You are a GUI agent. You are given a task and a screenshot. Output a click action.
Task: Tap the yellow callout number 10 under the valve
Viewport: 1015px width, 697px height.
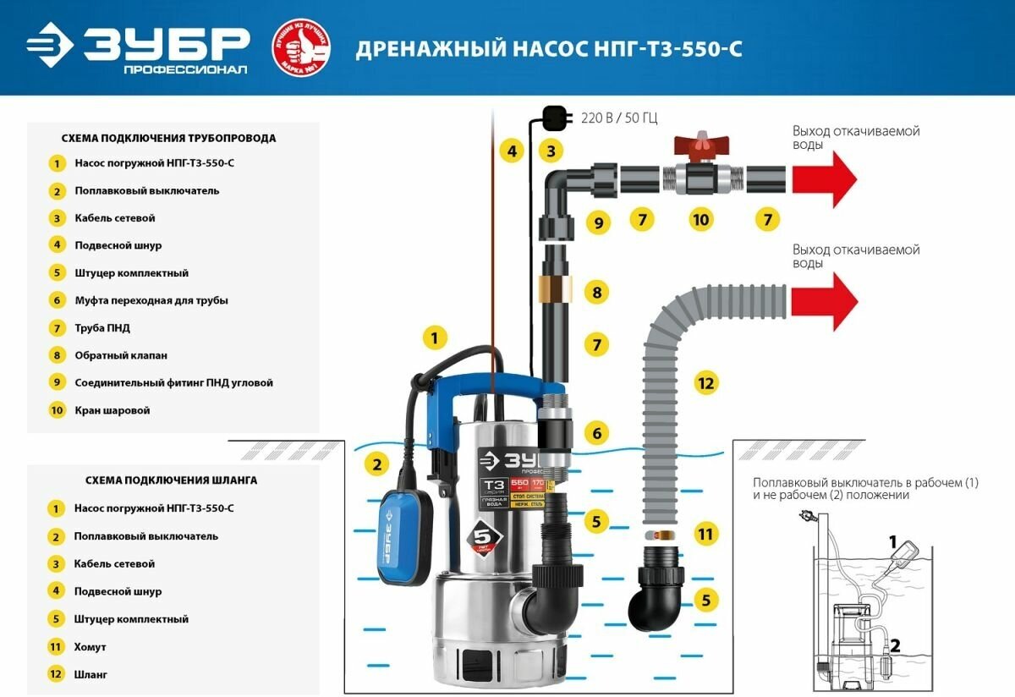tap(700, 220)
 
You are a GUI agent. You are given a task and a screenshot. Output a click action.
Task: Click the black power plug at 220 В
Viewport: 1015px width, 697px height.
tap(554, 116)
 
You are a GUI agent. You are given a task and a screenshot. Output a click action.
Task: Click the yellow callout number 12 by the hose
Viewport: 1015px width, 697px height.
tap(705, 382)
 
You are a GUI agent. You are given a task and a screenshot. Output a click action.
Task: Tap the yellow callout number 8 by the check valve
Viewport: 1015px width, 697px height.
tap(597, 293)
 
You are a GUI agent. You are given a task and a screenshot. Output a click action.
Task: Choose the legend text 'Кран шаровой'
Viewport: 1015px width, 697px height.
tap(112, 410)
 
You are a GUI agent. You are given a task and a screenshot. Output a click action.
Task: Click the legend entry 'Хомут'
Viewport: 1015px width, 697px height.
tap(91, 647)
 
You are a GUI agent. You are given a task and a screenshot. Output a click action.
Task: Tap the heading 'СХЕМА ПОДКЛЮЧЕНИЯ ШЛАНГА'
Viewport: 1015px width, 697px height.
tap(172, 480)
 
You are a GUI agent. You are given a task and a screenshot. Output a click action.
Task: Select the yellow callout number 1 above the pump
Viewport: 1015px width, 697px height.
tap(434, 339)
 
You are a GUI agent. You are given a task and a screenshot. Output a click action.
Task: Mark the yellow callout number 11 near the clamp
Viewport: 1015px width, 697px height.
tap(705, 534)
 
